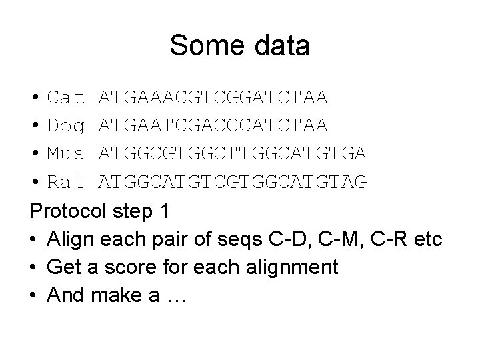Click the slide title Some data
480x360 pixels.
pyautogui.click(x=239, y=46)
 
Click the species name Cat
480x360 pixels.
pyautogui.click(x=66, y=99)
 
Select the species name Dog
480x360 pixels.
pyautogui.click(x=66, y=126)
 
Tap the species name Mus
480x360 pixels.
pyautogui.click(x=66, y=153)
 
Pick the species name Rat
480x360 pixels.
pyautogui.click(x=66, y=181)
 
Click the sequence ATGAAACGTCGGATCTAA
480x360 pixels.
pyautogui.click(x=213, y=99)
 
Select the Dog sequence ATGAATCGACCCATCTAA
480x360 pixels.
pyautogui.click(x=213, y=126)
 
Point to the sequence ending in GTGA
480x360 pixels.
pyautogui.click(x=232, y=153)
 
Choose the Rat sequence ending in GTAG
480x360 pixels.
pyautogui.click(x=232, y=181)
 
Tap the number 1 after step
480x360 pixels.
pyautogui.click(x=165, y=211)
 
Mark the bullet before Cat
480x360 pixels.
pyautogui.click(x=35, y=99)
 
